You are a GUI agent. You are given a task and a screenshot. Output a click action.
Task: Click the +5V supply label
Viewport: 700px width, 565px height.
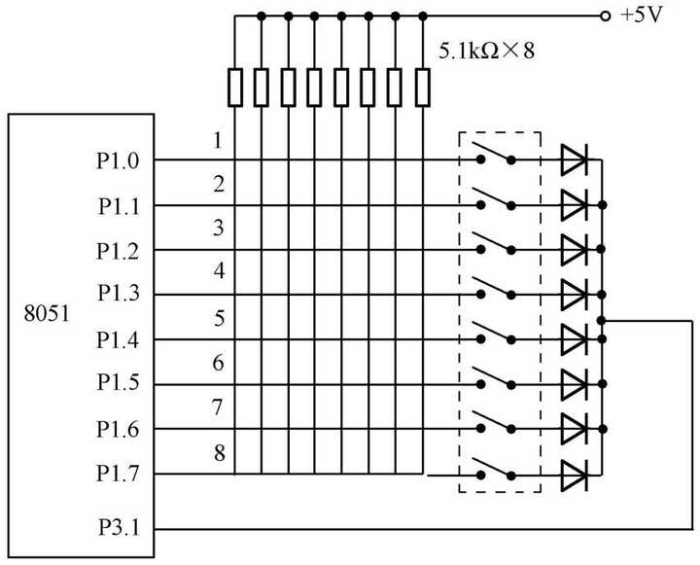tap(642, 17)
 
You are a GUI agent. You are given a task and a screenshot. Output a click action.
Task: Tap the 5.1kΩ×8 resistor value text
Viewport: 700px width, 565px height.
tap(487, 51)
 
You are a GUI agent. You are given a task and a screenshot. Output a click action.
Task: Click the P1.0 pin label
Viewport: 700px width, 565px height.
tap(119, 160)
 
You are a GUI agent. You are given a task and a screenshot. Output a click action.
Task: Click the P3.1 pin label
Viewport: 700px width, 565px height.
tap(119, 528)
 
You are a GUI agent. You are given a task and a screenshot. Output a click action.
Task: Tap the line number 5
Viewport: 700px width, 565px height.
tap(219, 317)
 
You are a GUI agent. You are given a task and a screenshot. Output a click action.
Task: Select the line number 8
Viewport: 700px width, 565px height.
tap(219, 451)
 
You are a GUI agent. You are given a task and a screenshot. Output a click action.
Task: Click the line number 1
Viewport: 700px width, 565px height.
tap(219, 140)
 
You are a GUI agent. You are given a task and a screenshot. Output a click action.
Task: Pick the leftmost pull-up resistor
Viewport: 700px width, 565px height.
tap(235, 87)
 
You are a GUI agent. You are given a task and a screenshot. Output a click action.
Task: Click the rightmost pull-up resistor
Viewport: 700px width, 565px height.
tap(423, 87)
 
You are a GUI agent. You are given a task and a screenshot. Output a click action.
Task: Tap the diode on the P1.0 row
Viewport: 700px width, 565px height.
tap(575, 160)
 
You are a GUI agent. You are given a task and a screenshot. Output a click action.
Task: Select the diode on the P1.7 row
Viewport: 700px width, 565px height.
tap(575, 475)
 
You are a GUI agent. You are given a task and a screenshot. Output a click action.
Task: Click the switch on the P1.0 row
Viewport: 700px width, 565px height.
tap(496, 156)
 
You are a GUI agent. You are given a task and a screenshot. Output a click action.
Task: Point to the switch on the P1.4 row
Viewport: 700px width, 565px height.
tap(496, 334)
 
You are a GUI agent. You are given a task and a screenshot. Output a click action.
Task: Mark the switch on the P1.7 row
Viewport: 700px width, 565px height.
tap(496, 469)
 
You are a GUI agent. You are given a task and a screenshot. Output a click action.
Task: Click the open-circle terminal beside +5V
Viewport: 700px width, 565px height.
tap(605, 17)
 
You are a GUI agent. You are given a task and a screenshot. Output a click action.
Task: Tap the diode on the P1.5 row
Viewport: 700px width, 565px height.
tap(575, 384)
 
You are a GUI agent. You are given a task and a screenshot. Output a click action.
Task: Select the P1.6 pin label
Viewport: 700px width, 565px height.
tap(119, 429)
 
